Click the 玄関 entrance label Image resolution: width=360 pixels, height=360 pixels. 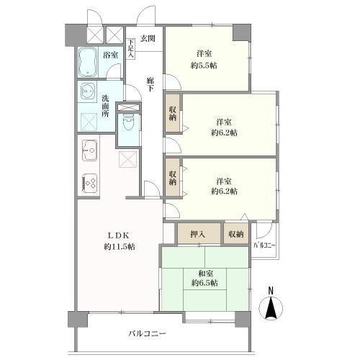pyautogui.click(x=148, y=38)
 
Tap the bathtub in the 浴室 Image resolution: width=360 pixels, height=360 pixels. pyautogui.click(x=88, y=62)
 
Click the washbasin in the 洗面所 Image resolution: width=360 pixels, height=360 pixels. pyautogui.click(x=87, y=91)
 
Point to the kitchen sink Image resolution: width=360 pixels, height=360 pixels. pyautogui.click(x=89, y=150)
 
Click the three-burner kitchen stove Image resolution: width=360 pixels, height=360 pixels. pyautogui.click(x=90, y=184)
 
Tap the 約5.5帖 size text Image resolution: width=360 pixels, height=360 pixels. pyautogui.click(x=204, y=66)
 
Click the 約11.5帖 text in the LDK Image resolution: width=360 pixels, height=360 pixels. pyautogui.click(x=120, y=246)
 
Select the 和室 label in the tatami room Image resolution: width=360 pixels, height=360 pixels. pyautogui.click(x=205, y=274)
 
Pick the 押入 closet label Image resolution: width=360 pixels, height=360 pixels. pyautogui.click(x=198, y=234)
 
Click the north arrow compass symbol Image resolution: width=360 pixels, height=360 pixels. pyautogui.click(x=271, y=308)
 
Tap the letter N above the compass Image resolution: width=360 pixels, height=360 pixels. pyautogui.click(x=271, y=291)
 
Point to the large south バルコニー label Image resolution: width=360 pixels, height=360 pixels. pyautogui.click(x=147, y=333)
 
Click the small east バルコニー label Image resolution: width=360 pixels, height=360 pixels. pyautogui.click(x=265, y=246)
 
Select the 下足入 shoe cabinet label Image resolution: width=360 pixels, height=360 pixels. pyautogui.click(x=130, y=49)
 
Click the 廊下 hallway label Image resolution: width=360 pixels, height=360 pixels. pyautogui.click(x=150, y=84)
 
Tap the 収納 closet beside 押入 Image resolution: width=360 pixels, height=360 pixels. pyautogui.click(x=236, y=234)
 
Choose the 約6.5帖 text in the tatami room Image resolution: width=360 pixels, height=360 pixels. pyautogui.click(x=204, y=284)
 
